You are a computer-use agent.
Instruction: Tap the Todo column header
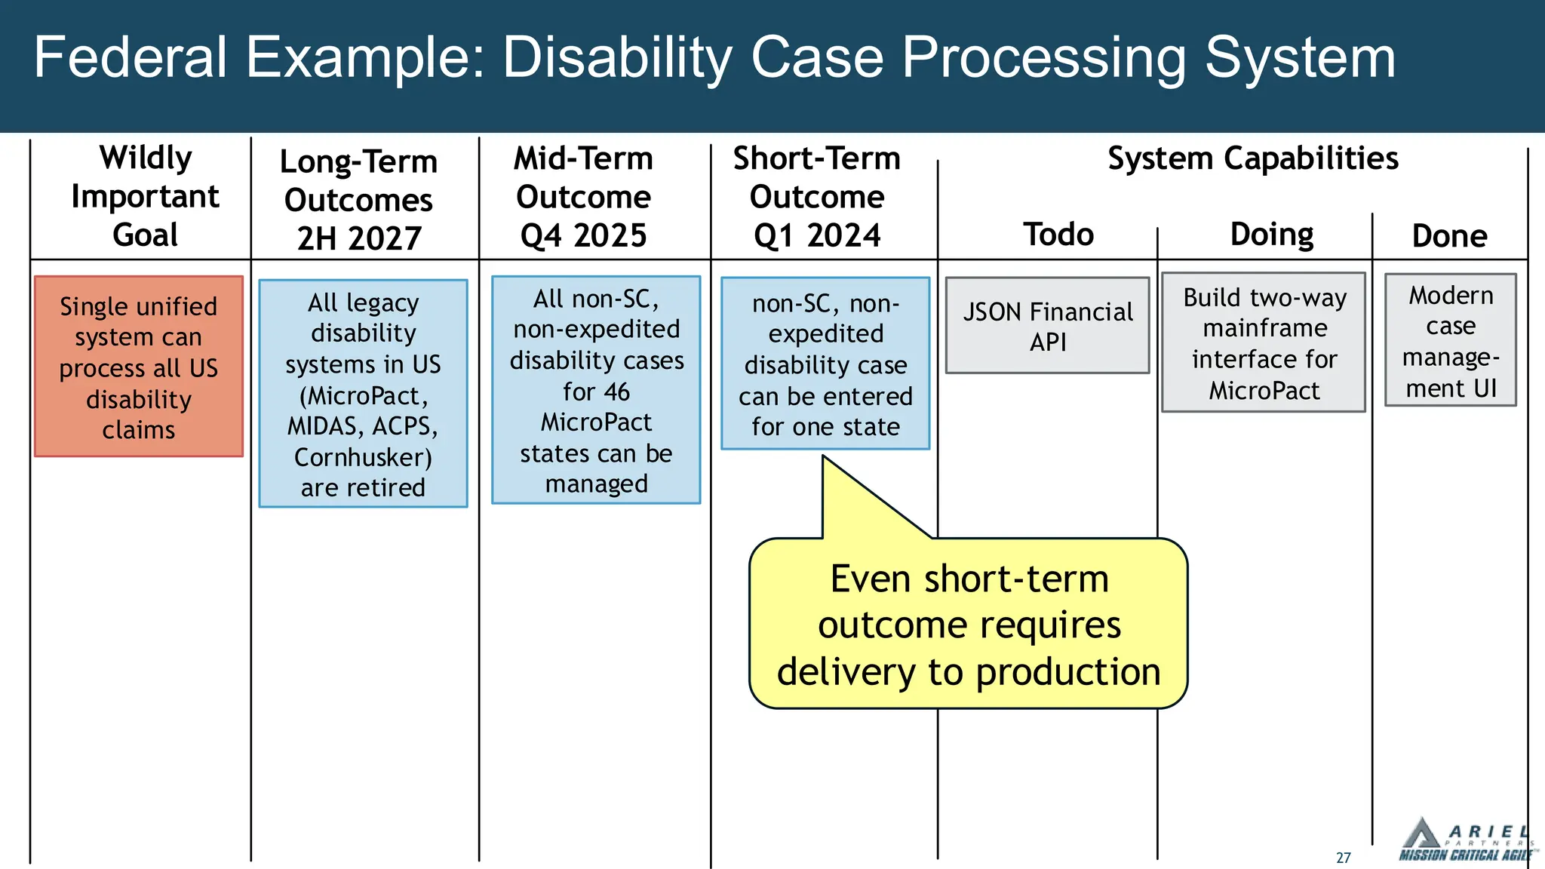click(1058, 235)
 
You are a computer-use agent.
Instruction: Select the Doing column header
click(1271, 235)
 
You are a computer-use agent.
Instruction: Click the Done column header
click(1449, 236)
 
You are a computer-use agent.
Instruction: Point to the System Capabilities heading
click(1252, 158)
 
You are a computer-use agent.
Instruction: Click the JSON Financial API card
click(1047, 326)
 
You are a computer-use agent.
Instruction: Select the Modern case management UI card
click(1450, 341)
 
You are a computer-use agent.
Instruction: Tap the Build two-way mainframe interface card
click(1264, 343)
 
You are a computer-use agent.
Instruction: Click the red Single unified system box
click(139, 367)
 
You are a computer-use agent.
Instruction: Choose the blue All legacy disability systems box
click(363, 394)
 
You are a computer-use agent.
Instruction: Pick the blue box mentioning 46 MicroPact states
click(596, 390)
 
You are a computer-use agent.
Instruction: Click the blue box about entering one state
click(825, 364)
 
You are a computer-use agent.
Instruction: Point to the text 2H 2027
click(359, 239)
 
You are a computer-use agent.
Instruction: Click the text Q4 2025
click(583, 236)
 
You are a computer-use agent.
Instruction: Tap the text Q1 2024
click(817, 236)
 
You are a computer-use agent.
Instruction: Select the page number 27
click(1343, 858)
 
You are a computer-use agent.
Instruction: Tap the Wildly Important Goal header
click(145, 196)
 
